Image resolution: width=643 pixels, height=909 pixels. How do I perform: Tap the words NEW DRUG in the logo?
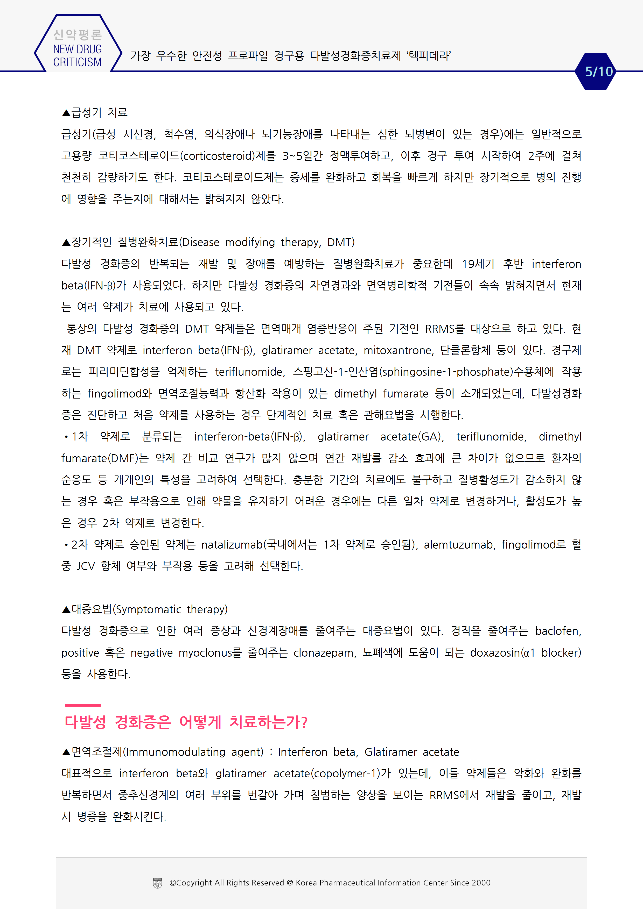(x=77, y=49)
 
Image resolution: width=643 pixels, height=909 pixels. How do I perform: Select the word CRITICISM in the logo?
(x=77, y=62)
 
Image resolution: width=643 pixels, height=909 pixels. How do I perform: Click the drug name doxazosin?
(x=494, y=653)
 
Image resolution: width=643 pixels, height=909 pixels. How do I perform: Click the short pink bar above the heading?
(x=83, y=705)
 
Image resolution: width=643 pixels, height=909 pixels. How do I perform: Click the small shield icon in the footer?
(x=157, y=883)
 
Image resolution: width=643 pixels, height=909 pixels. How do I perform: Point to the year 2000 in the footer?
(x=481, y=883)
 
